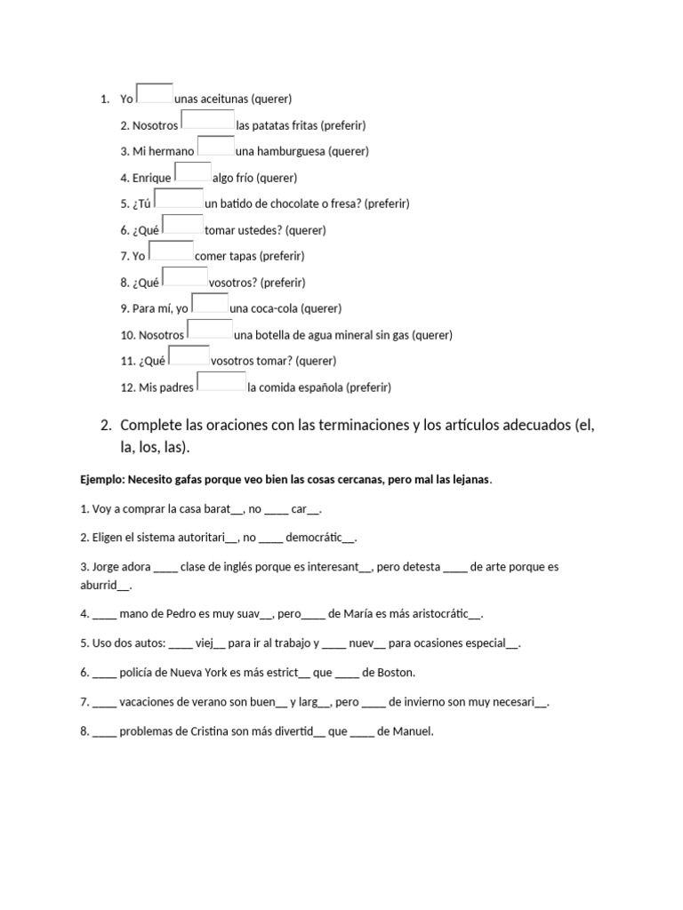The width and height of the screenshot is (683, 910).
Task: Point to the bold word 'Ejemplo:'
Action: (102, 480)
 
